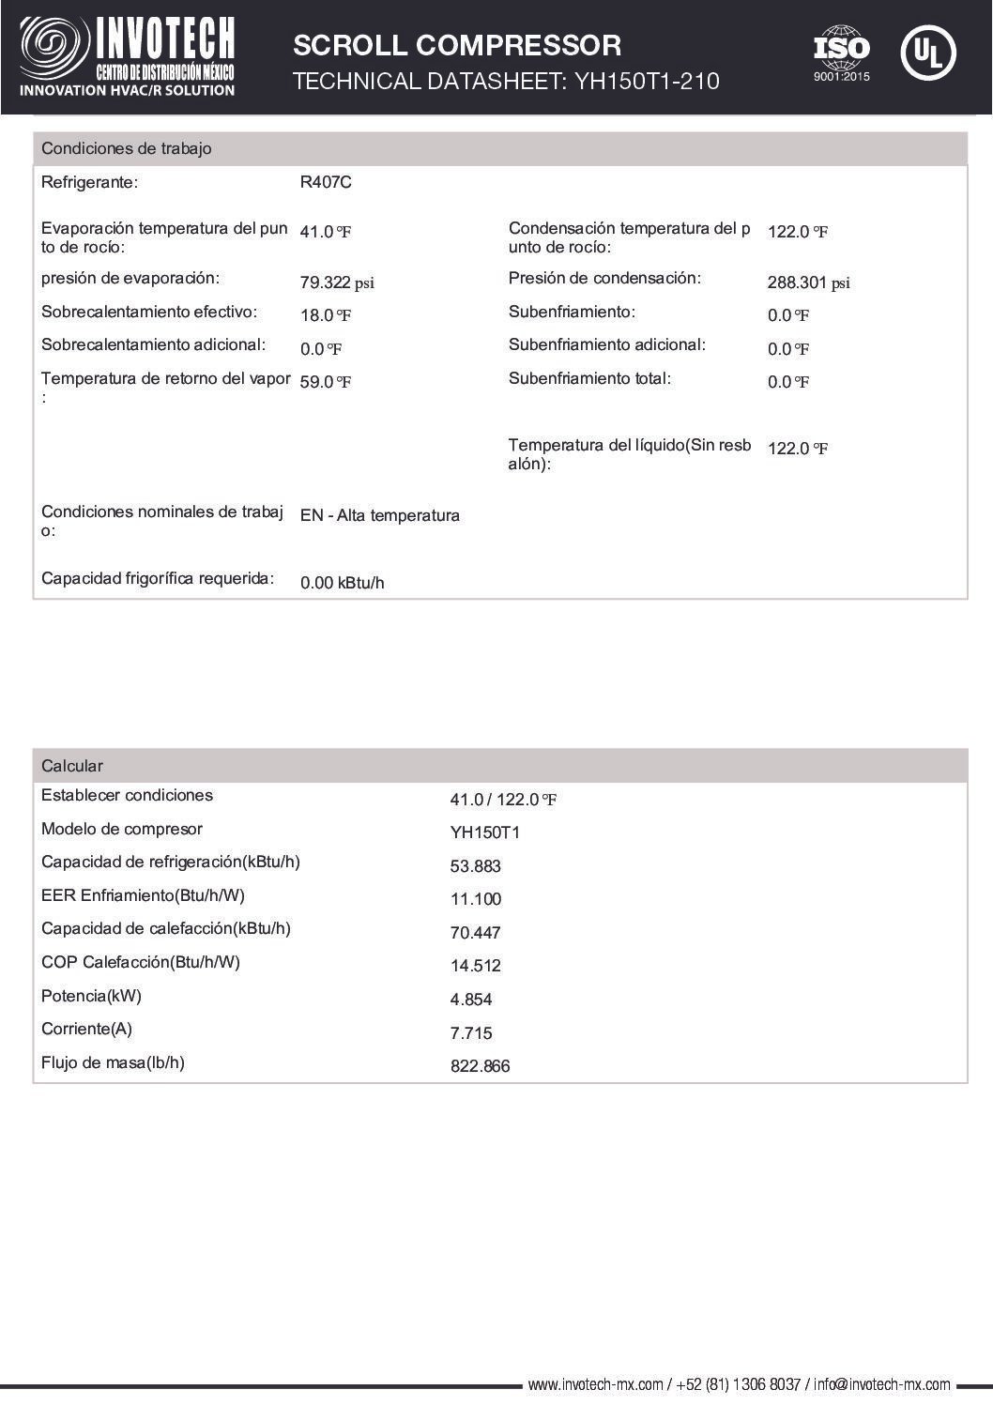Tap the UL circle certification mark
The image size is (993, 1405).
(927, 53)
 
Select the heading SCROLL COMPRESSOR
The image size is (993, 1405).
(457, 45)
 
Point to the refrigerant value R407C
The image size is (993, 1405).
(326, 182)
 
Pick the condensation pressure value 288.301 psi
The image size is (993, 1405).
(808, 283)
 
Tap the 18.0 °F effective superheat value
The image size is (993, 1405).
(326, 315)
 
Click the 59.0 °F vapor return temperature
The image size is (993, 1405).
(326, 382)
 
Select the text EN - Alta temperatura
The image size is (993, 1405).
(379, 515)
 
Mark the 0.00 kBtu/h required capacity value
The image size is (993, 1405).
(342, 583)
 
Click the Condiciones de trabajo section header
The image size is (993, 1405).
(127, 148)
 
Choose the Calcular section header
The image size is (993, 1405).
(72, 766)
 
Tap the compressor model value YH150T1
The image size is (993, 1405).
(484, 832)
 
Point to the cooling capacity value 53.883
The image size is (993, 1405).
(475, 866)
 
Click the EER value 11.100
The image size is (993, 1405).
(475, 899)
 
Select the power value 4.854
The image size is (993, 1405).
(471, 1000)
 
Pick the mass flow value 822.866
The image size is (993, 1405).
(480, 1066)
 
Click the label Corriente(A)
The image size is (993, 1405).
(86, 1029)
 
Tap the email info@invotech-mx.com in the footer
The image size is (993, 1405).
(881, 1384)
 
